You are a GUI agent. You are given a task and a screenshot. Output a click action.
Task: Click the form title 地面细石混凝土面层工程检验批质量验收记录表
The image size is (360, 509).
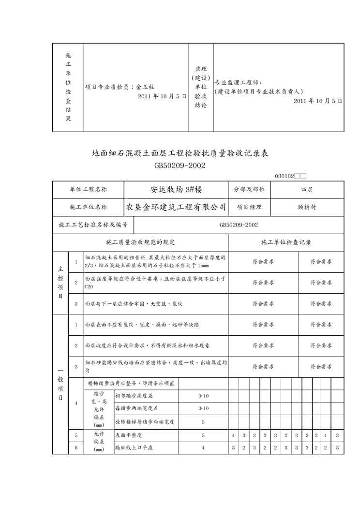(x=180, y=154)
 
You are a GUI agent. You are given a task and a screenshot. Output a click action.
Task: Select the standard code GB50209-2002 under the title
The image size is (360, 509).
(x=180, y=165)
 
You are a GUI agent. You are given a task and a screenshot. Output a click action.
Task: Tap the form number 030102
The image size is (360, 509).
(x=285, y=177)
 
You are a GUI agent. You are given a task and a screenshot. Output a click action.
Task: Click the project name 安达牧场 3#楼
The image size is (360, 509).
(x=176, y=190)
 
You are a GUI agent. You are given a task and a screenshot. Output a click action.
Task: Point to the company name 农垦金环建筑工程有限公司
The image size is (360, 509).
(x=176, y=207)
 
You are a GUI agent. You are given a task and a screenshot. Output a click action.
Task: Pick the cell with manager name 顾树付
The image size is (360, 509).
(x=307, y=207)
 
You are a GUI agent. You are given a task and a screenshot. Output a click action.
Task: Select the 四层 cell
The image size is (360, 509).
(x=307, y=190)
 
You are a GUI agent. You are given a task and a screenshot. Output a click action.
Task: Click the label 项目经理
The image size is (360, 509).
(x=249, y=207)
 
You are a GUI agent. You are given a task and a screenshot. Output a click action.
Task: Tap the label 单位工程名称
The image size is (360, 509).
(x=88, y=190)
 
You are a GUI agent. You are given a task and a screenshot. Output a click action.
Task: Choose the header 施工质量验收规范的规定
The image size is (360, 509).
(x=140, y=242)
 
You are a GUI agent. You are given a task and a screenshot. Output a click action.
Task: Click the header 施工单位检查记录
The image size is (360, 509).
(x=286, y=242)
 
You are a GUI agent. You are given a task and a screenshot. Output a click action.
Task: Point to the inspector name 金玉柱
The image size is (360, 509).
(x=145, y=87)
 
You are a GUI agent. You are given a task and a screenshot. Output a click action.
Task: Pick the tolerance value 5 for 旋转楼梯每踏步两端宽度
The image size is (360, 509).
(x=203, y=422)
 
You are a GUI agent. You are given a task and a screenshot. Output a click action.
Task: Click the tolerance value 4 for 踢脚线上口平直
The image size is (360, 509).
(x=203, y=448)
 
